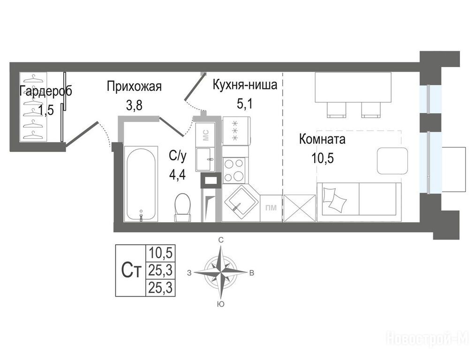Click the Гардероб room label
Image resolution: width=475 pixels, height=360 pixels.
point(45,91)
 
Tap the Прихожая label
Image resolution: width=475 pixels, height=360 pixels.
point(134,86)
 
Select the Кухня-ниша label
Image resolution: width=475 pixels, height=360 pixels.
point(245,85)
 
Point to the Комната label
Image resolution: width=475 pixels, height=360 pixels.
point(322,139)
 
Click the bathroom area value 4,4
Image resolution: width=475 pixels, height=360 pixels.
point(178,175)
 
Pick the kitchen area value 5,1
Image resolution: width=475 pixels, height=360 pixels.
point(244,104)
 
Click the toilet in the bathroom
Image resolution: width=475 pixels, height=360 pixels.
point(183,207)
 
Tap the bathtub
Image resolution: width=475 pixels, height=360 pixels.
point(141,184)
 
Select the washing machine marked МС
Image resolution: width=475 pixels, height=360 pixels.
point(205,135)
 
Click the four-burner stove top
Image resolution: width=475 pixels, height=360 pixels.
point(234,171)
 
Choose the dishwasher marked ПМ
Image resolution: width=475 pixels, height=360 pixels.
point(271,208)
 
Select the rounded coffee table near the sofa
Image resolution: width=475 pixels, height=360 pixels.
point(392,161)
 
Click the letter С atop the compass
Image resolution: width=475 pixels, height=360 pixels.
point(221,240)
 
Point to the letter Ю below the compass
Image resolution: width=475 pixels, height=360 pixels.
point(221,304)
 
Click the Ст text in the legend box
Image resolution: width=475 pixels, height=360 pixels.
point(131,270)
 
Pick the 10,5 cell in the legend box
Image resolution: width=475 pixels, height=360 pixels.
point(160,253)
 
